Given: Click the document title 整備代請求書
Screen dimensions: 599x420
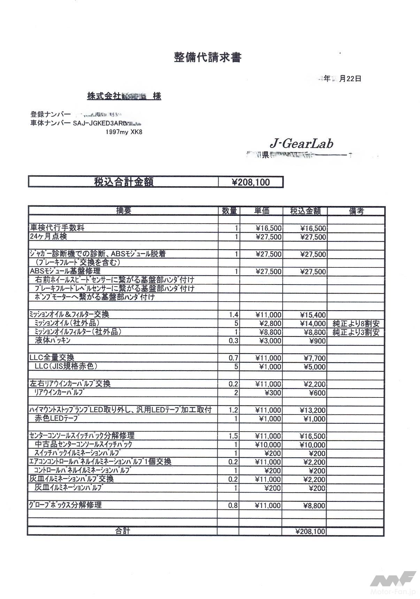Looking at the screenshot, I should coord(207,57).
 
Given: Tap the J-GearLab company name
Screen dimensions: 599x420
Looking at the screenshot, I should coord(301,143).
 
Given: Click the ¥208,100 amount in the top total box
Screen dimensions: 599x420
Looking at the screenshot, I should coord(251,182).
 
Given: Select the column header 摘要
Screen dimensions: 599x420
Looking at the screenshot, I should coord(123,211).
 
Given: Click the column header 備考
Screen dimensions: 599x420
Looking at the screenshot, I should coord(356,211).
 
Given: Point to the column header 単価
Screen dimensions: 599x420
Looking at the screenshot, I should coord(261,211).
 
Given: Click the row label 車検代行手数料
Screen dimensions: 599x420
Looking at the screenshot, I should coord(57,228).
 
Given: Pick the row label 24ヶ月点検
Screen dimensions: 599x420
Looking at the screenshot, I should coord(48,237).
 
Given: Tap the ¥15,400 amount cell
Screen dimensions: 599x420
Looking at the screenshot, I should coord(313,315).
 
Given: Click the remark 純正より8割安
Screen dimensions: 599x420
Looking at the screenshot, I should coord(356,324).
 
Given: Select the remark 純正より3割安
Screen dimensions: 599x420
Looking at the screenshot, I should coord(356,332).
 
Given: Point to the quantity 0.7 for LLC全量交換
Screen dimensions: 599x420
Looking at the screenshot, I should coord(233,358).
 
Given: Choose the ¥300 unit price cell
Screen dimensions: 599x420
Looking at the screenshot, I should coord(273,393).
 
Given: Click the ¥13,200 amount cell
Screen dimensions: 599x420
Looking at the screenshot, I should coord(313,410).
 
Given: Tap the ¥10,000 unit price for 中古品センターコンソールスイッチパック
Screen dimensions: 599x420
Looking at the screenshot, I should coord(268,445).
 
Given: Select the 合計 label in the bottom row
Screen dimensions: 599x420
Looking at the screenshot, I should coord(122,531).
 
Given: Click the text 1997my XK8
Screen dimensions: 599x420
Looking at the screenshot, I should coord(124,132).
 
